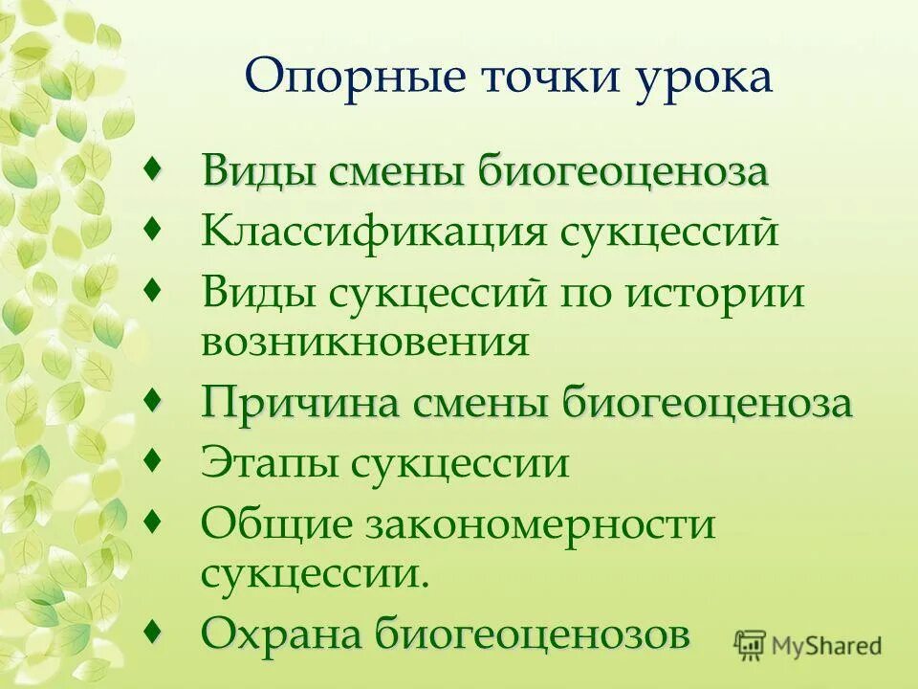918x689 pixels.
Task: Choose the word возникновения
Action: click(x=364, y=342)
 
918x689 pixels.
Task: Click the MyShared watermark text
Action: click(x=828, y=646)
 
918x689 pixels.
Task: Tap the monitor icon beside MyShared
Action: click(x=752, y=646)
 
